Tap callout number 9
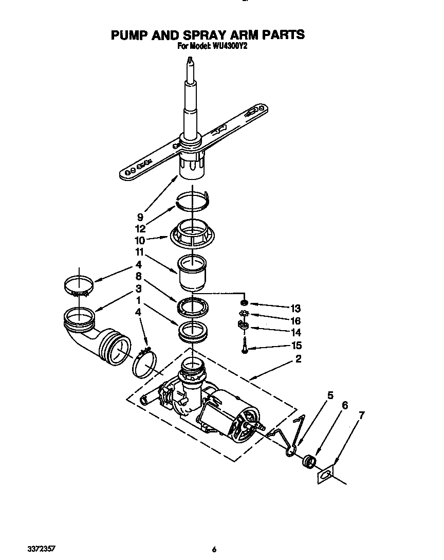[x=140, y=217]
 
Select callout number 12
[x=140, y=229]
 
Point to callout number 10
[x=140, y=240]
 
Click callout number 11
[x=140, y=252]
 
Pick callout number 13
[x=295, y=309]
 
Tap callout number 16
[x=295, y=320]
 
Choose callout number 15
[x=295, y=346]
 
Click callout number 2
[x=298, y=359]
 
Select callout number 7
[x=362, y=415]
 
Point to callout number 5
[x=330, y=395]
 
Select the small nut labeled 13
[x=244, y=304]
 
